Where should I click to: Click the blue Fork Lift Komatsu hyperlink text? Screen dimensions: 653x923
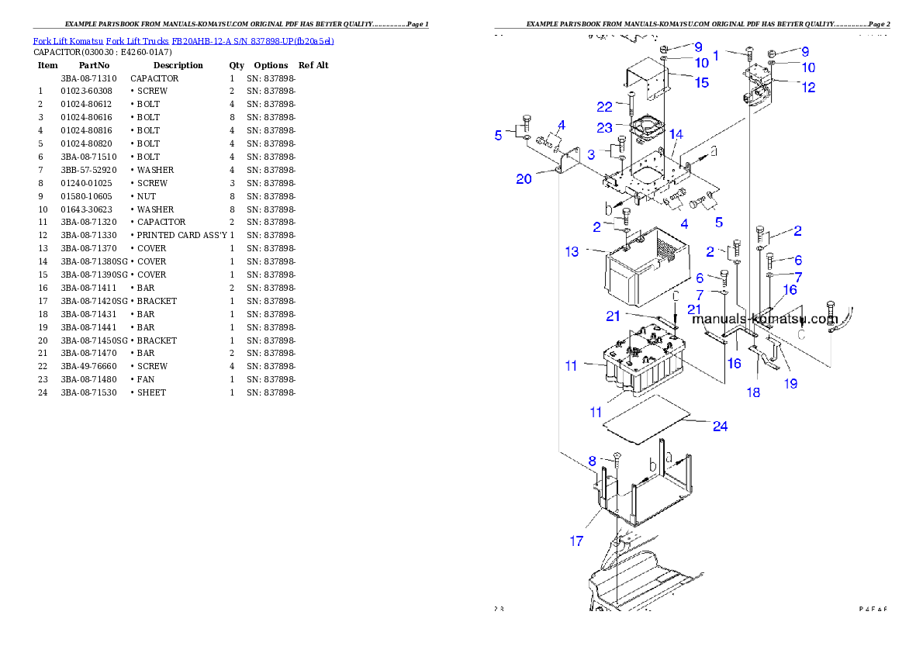pyautogui.click(x=183, y=41)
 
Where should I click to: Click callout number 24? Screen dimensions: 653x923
pyautogui.click(x=720, y=426)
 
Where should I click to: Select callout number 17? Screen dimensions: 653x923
pyautogui.click(x=576, y=541)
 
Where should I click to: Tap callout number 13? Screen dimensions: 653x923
pyautogui.click(x=572, y=251)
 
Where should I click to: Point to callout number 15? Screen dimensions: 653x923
pyautogui.click(x=701, y=82)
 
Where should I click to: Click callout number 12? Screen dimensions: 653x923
pyautogui.click(x=808, y=88)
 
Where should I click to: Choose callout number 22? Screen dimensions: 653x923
pyautogui.click(x=605, y=106)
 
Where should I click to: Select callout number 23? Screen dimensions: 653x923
pyautogui.click(x=604, y=127)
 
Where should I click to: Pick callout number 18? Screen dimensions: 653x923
pyautogui.click(x=753, y=392)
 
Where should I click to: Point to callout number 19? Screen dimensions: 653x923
pyautogui.click(x=790, y=382)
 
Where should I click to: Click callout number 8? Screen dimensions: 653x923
pyautogui.click(x=592, y=461)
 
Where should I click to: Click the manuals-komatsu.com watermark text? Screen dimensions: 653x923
pyautogui.click(x=765, y=319)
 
